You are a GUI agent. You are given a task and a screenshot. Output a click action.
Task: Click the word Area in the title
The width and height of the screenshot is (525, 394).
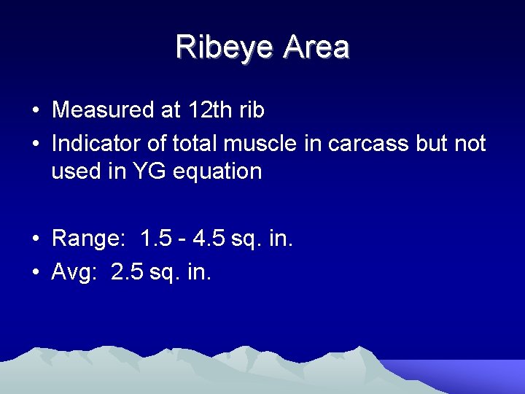click(316, 47)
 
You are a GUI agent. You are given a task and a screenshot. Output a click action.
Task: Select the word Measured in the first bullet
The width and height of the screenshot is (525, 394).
click(101, 110)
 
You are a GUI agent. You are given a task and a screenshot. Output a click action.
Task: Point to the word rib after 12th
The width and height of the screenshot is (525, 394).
click(249, 110)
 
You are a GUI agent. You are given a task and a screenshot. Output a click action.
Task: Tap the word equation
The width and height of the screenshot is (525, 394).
click(225, 172)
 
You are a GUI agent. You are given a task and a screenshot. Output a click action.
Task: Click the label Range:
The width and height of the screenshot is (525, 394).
click(87, 239)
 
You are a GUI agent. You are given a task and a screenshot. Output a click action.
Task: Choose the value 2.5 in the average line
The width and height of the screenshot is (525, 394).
click(128, 272)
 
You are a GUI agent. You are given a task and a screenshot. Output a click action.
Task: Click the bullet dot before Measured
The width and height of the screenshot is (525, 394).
click(35, 112)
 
